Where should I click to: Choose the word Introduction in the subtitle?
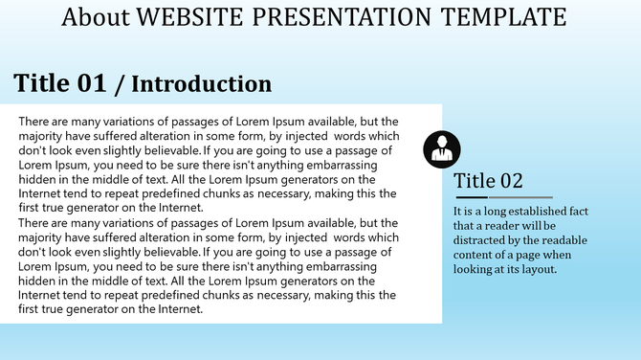(201, 84)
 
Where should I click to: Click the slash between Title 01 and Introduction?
(119, 84)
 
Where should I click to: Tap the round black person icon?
(442, 147)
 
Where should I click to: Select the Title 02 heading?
(488, 181)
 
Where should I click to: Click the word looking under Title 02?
(475, 269)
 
